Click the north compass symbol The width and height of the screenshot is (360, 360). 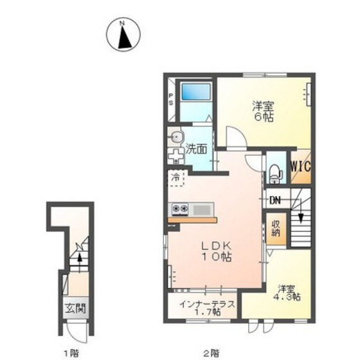point(123,35)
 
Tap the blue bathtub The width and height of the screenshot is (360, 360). point(196,91)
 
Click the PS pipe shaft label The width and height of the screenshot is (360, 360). point(171,99)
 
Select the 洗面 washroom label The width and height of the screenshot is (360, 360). point(196,148)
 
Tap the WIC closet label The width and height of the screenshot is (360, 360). point(301,166)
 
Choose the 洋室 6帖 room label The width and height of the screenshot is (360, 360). point(264,111)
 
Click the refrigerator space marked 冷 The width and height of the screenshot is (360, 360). point(176,177)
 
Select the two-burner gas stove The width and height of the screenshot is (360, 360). point(180,209)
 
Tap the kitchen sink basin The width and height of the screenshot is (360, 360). point(203,210)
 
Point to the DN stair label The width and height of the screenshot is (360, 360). point(275,201)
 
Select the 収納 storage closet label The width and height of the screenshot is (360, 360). point(276,228)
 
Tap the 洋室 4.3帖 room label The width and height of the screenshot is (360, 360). point(287,292)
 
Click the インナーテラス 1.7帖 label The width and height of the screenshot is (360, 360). point(207,308)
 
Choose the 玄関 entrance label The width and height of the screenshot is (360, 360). point(75,309)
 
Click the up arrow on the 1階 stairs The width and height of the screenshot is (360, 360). point(80,262)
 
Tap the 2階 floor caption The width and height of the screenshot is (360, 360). point(211,353)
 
